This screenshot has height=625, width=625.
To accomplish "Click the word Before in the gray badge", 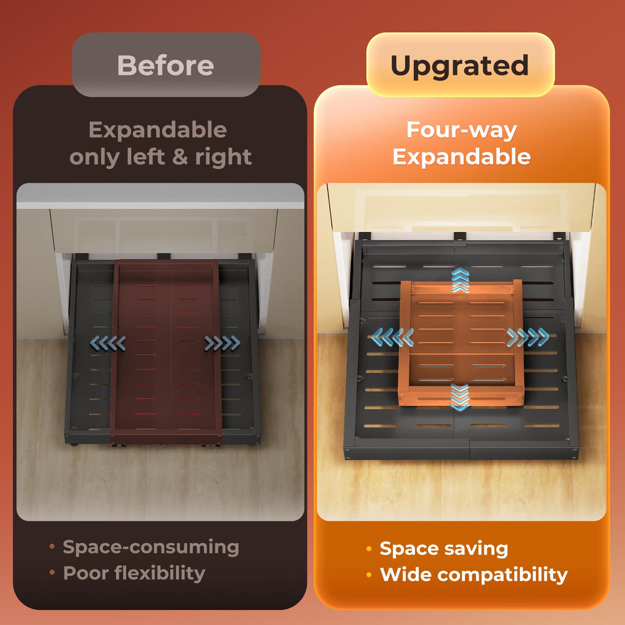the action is pyautogui.click(x=165, y=65).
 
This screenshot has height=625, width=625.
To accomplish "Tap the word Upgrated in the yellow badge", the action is pyautogui.click(x=460, y=66).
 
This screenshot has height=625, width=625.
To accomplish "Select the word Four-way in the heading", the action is pyautogui.click(x=461, y=130).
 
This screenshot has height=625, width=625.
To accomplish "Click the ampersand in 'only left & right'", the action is pyautogui.click(x=180, y=157).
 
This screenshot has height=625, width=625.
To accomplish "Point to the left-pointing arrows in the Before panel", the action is pyautogui.click(x=107, y=343).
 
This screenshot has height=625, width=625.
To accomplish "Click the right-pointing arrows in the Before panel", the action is pyautogui.click(x=222, y=343).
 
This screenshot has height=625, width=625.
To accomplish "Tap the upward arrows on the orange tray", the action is pyautogui.click(x=460, y=280).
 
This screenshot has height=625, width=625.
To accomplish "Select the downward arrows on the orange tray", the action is pyautogui.click(x=460, y=397).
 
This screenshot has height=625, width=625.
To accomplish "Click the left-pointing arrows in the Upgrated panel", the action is pyautogui.click(x=392, y=337).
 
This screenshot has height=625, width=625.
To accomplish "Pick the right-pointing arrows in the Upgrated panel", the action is pyautogui.click(x=528, y=337).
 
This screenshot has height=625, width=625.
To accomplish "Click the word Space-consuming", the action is pyautogui.click(x=151, y=547).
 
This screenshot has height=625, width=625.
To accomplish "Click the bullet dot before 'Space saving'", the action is pyautogui.click(x=369, y=549).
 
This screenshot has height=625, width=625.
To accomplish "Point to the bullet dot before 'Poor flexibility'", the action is pyautogui.click(x=52, y=573).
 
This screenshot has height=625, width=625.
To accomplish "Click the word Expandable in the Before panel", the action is pyautogui.click(x=158, y=131).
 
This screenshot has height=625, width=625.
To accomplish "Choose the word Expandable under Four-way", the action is pyautogui.click(x=461, y=157).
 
